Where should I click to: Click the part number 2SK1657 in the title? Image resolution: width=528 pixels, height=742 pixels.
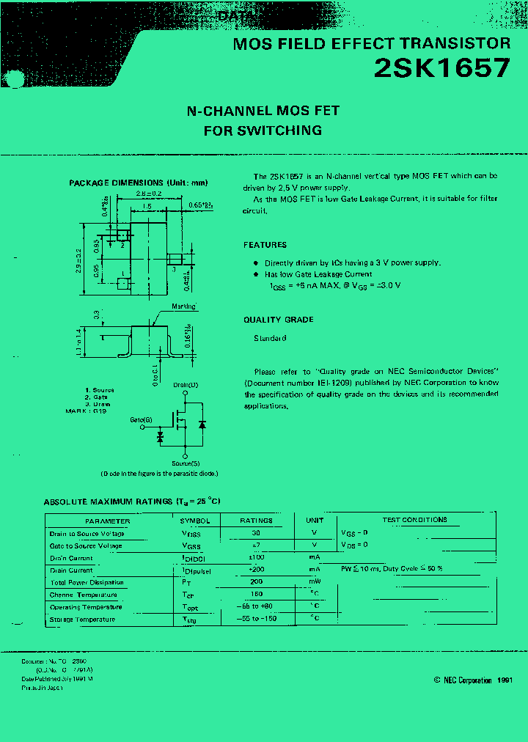(x=441, y=68)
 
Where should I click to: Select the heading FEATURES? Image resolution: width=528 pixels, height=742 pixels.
(x=265, y=245)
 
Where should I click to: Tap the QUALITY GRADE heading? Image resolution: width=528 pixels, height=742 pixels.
(x=278, y=320)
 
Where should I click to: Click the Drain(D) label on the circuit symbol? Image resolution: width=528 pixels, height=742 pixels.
(x=186, y=385)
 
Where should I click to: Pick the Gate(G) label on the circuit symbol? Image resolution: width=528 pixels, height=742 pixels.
(x=142, y=419)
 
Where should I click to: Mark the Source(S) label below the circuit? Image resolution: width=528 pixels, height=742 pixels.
(x=185, y=463)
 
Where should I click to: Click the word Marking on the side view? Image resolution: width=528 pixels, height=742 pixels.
(x=183, y=306)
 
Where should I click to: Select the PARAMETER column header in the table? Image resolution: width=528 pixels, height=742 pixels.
(x=108, y=521)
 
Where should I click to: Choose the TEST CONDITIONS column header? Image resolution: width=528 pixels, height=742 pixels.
(x=414, y=520)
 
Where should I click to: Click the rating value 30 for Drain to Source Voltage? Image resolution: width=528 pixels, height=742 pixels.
(x=256, y=533)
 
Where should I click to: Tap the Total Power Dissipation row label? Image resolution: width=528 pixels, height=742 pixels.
(x=87, y=583)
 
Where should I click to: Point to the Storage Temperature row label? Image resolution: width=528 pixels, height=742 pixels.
(x=82, y=620)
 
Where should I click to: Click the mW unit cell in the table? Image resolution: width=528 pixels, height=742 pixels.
(x=315, y=582)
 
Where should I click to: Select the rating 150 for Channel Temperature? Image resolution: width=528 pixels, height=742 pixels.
(x=256, y=595)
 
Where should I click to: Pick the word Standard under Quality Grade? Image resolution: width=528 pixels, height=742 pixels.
(x=270, y=338)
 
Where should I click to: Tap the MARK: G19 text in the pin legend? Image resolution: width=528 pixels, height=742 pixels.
(x=87, y=411)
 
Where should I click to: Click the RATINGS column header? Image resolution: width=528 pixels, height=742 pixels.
(x=256, y=521)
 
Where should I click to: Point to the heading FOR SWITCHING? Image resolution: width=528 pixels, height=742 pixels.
(x=263, y=131)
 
